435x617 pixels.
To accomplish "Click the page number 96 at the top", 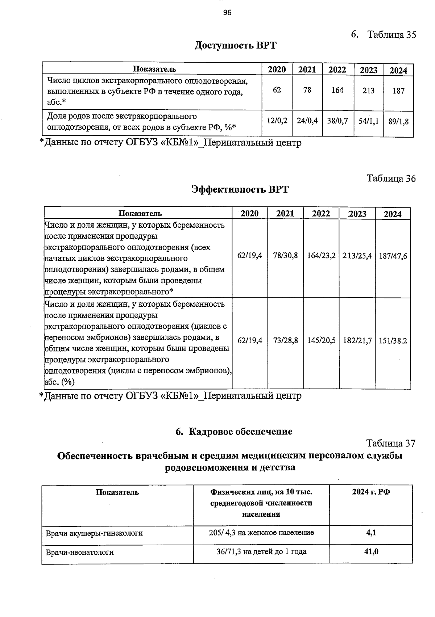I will [227, 13].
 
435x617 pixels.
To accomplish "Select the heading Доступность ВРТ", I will [236, 46].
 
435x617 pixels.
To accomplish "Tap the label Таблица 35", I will [391, 35].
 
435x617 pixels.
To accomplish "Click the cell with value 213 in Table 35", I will [368, 91].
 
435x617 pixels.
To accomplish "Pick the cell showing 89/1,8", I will [398, 122].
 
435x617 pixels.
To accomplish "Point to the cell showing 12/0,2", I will [277, 121].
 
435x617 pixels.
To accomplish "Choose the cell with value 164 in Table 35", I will [337, 90].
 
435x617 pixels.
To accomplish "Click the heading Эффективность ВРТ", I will [240, 189].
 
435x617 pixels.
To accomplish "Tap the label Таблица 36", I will [391, 179].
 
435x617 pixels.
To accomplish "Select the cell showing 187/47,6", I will [393, 256].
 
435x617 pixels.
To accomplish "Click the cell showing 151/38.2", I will [393, 341].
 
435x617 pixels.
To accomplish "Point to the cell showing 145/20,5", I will [321, 341].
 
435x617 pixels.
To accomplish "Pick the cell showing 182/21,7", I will [357, 341].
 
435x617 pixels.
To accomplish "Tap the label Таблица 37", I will [391, 444].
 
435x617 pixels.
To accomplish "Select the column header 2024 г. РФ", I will [371, 492].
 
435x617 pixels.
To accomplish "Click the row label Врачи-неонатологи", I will [80, 553].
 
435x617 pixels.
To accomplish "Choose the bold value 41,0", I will [371, 552].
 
